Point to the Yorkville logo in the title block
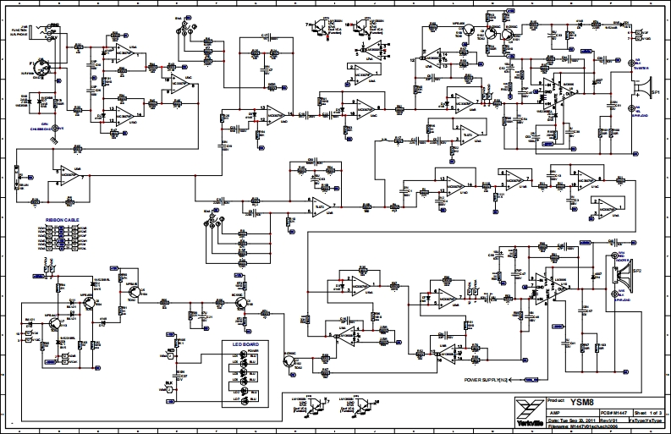(529, 412)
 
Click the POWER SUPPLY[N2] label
(489, 380)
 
